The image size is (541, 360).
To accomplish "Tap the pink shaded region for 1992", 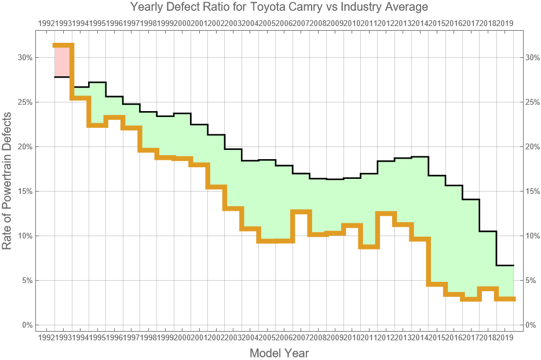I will (63, 61).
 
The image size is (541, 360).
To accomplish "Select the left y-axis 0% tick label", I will (27, 325).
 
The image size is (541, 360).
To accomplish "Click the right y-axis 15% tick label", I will (533, 192).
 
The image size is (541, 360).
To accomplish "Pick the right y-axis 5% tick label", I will (533, 281).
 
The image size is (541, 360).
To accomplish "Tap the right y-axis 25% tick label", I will (533, 102).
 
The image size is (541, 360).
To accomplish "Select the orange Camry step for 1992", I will (63, 45).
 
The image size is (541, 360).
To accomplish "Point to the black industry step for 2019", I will (505, 265).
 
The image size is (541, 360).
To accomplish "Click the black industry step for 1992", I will (63, 77).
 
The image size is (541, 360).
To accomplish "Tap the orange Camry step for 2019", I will (505, 299).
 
